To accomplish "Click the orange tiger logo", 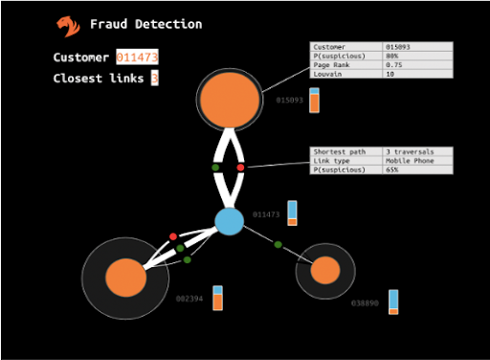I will [x=68, y=26].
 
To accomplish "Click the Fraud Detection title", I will [x=145, y=24].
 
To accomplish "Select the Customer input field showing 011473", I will [x=137, y=57].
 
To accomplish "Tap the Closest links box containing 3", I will [x=154, y=79].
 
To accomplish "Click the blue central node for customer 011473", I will [x=229, y=221].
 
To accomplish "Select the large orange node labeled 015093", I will [x=229, y=100].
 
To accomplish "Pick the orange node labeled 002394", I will [x=125, y=278].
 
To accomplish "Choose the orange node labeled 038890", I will [x=325, y=270].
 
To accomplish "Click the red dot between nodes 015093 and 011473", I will [x=240, y=168].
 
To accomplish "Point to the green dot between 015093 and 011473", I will [x=215, y=168].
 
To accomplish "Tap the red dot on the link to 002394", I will [x=173, y=236].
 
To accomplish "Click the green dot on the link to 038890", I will [x=278, y=245].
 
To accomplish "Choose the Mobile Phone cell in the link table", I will [x=417, y=161].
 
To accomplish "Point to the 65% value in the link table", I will [x=417, y=169].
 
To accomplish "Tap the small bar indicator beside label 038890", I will [x=393, y=302].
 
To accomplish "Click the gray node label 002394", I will [x=189, y=299].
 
